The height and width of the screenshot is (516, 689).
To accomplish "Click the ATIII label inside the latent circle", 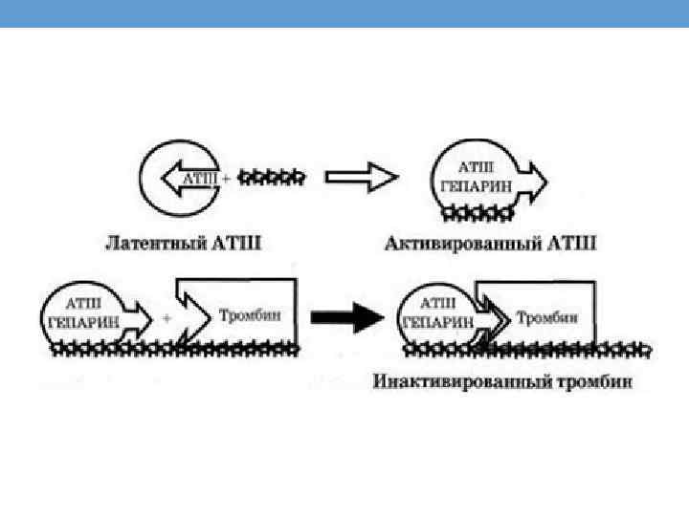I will coord(195,178).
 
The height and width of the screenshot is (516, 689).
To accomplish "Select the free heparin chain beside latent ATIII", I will coord(272,177).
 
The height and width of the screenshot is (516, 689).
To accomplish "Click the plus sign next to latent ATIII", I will coord(225,179).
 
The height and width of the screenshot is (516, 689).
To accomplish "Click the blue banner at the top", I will coord(344,13).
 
